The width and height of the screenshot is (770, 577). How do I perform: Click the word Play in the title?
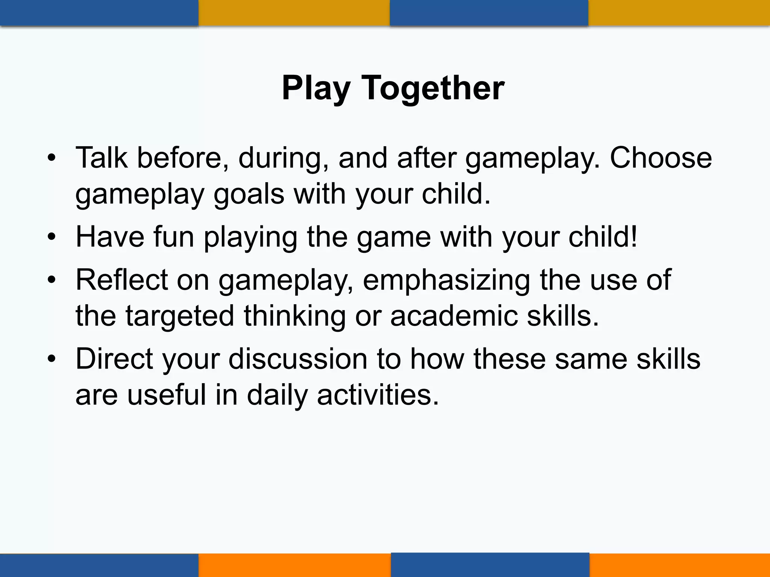point(316,89)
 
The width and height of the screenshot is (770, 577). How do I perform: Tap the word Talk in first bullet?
point(102,158)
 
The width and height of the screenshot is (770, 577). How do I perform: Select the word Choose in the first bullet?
point(661,158)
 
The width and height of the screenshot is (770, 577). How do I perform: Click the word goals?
point(249,194)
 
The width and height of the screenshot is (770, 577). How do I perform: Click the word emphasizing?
point(446,281)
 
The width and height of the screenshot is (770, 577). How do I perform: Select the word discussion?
point(297,359)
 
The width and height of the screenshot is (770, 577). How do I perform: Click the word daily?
point(277,396)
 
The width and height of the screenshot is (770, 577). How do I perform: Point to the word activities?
point(378,395)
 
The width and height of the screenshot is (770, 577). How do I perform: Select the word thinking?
point(294,317)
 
